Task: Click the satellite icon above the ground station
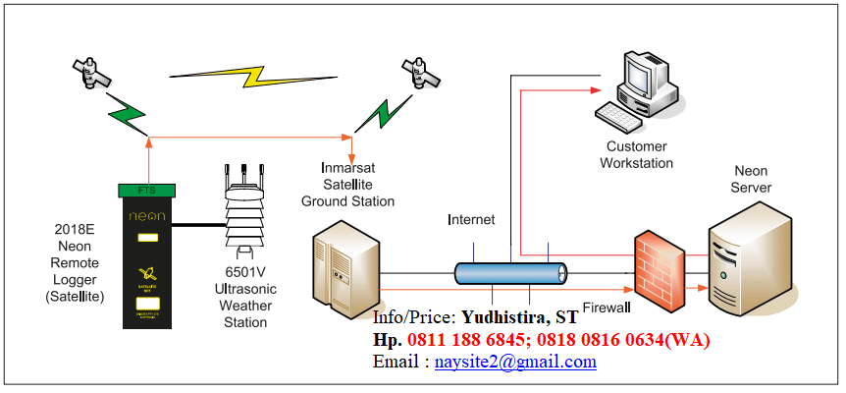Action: point(422,72)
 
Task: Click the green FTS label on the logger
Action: point(145,189)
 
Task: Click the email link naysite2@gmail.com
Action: point(515,362)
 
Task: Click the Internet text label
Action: point(471,219)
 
